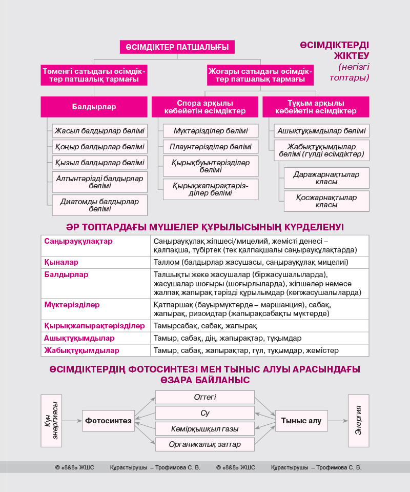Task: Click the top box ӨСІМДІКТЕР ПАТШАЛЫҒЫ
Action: (x=177, y=47)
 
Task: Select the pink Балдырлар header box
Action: (x=94, y=107)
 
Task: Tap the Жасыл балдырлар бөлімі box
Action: (x=100, y=130)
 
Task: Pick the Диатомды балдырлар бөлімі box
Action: (x=100, y=205)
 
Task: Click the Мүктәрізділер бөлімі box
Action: (x=211, y=131)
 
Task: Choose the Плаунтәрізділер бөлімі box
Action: (x=211, y=147)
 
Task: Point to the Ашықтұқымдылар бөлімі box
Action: (x=321, y=131)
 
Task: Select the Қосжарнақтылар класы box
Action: (x=326, y=201)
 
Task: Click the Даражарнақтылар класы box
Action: (x=326, y=178)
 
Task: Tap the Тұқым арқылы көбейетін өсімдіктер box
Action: (x=316, y=107)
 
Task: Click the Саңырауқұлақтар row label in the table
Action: (x=78, y=241)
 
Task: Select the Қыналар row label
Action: (x=61, y=262)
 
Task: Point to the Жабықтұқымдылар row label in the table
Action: (x=82, y=350)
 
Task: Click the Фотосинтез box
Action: (x=108, y=421)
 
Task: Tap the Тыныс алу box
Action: (x=301, y=421)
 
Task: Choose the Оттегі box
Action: (x=205, y=397)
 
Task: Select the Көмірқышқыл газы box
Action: (x=205, y=428)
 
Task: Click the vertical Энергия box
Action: (x=358, y=420)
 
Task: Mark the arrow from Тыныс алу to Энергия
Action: (x=337, y=421)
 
